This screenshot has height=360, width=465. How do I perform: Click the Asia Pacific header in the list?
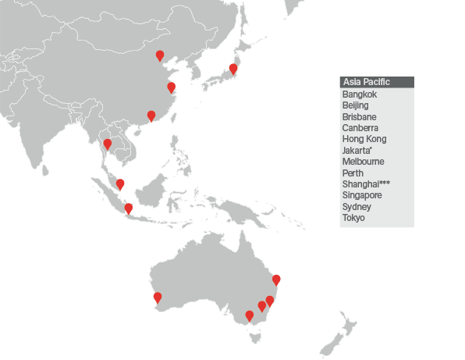coord(366,82)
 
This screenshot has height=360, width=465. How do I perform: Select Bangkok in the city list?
coord(359,94)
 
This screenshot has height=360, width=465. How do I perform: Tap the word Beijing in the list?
coord(355,105)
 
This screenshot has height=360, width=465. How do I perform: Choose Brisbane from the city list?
coord(359,116)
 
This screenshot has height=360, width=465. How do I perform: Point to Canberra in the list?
coord(360,128)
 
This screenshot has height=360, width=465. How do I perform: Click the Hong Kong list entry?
coord(364,139)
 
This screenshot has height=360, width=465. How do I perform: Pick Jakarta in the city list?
coord(357,151)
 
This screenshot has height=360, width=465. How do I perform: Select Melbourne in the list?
coord(363,162)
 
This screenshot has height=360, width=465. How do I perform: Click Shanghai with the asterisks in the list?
coord(365,184)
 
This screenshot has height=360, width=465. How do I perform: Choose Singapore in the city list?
coord(361,195)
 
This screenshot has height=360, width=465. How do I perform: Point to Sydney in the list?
coord(356,207)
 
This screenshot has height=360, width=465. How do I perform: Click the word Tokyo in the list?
coord(353,218)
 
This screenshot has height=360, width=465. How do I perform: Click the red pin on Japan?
coord(232,68)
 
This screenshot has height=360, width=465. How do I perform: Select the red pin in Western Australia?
coord(157,297)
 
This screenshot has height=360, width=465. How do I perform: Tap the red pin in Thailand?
coord(108,144)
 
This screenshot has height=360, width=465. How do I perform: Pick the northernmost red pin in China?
coord(160,55)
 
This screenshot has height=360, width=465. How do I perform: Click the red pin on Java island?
coord(129,209)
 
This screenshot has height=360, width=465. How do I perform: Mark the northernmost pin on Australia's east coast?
coord(275,280)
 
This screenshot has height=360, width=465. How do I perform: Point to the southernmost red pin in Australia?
coord(249,315)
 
